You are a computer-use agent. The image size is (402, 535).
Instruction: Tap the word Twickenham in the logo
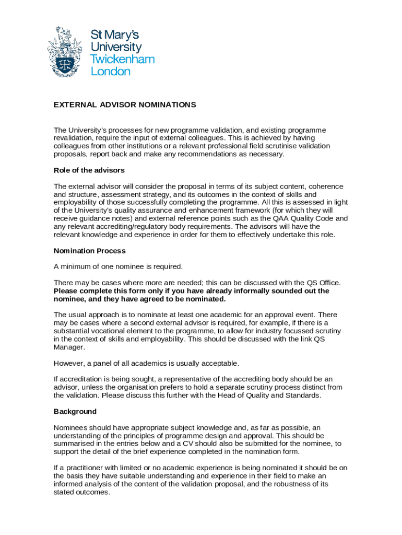pyautogui.click(x=123, y=59)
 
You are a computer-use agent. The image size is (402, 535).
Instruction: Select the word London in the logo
pyautogui.click(x=111, y=72)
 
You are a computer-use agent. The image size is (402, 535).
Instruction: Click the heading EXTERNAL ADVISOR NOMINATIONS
pyautogui.click(x=125, y=105)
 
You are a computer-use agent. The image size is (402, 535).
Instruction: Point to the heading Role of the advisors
pyautogui.click(x=89, y=170)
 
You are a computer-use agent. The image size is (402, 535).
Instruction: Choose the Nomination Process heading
pyautogui.click(x=90, y=251)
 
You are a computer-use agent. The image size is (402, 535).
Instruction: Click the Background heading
pyautogui.click(x=75, y=412)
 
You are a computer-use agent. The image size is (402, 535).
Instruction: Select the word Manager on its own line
pyautogui.click(x=69, y=347)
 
